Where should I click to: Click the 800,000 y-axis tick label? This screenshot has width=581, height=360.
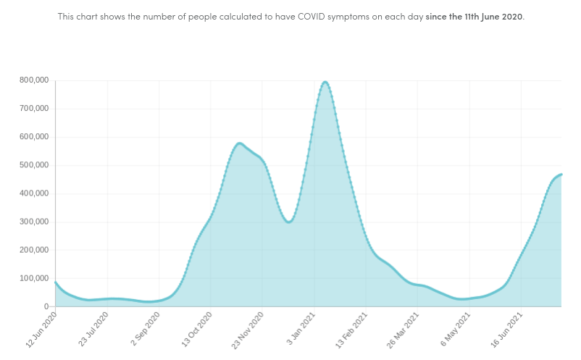click(x=33, y=80)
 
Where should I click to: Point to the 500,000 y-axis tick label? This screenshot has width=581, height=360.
click(x=33, y=165)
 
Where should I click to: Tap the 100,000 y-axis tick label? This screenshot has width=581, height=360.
click(x=33, y=278)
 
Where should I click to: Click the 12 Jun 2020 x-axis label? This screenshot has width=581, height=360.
click(x=41, y=329)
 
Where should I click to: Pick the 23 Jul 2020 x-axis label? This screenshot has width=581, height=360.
click(x=93, y=329)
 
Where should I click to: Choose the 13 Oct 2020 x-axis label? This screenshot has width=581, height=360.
click(x=196, y=329)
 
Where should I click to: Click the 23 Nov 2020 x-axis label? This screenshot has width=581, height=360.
click(x=247, y=329)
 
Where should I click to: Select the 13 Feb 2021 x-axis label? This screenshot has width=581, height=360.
click(x=351, y=329)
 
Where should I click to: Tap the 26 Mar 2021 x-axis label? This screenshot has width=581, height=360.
click(x=403, y=329)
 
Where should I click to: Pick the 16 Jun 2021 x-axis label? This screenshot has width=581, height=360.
click(x=506, y=329)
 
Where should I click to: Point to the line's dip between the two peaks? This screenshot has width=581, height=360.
click(x=289, y=222)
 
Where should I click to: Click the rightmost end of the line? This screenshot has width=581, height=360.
click(x=561, y=174)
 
